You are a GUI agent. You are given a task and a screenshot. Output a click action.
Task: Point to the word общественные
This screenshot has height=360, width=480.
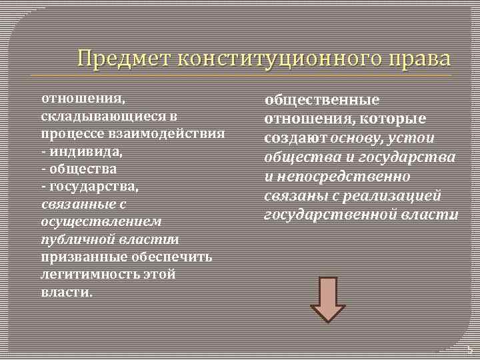(322, 100)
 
